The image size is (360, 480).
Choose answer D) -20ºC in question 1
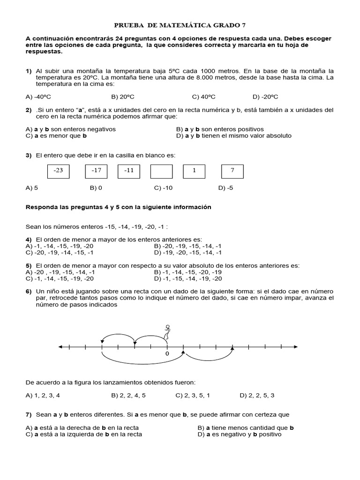(x=265, y=97)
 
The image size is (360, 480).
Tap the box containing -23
(x=59, y=171)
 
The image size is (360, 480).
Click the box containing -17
(x=96, y=171)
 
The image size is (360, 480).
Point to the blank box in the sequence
(x=161, y=171)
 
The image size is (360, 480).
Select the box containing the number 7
(x=232, y=171)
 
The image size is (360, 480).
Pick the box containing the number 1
(x=194, y=171)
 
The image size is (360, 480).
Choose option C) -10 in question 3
(x=164, y=188)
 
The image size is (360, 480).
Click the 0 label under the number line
(x=167, y=354)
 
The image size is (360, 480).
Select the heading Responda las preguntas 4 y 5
(x=118, y=207)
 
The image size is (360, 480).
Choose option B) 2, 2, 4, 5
(x=128, y=395)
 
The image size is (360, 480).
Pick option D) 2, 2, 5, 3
(x=257, y=395)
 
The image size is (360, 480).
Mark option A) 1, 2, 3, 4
(x=43, y=395)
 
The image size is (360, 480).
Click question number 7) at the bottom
(x=29, y=414)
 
